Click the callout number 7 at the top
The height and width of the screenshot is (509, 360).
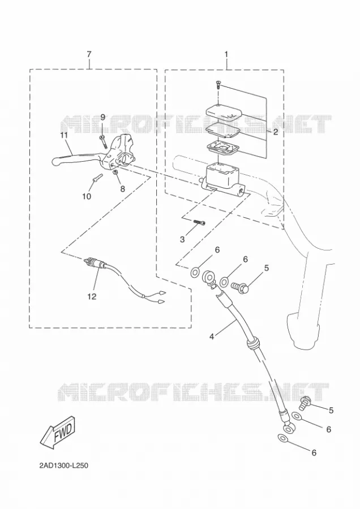tap(89, 54)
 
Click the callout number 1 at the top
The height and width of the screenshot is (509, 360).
tap(226, 54)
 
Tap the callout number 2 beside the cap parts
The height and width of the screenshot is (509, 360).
tap(276, 132)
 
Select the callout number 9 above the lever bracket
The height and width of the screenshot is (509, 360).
tap(102, 117)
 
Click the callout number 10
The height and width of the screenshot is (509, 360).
tap(87, 196)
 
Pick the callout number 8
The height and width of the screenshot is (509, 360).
tap(122, 188)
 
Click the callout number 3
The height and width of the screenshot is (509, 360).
tap(182, 239)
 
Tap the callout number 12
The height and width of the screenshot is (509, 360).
tap(92, 296)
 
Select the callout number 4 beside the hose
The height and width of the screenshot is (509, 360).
tap(212, 337)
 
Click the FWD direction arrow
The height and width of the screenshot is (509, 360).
tap(58, 433)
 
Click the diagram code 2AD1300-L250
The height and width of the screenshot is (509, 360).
tap(64, 465)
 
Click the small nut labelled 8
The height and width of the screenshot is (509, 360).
tap(115, 172)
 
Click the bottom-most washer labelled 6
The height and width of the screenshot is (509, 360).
tap(282, 438)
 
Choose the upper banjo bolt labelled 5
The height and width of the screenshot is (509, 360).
tap(240, 286)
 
